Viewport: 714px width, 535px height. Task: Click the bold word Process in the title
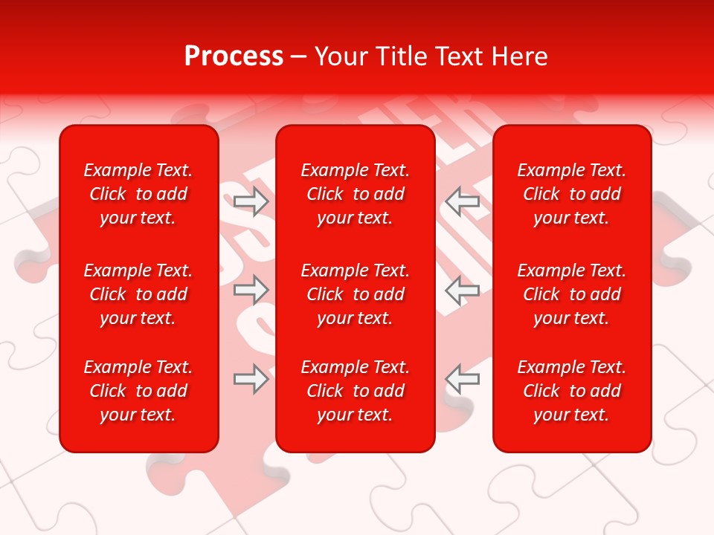(x=234, y=56)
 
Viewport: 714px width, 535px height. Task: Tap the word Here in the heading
(x=518, y=56)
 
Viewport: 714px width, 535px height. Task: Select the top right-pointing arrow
(x=251, y=201)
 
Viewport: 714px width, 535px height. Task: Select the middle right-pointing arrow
(x=251, y=290)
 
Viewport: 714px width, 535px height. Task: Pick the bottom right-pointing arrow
(x=251, y=379)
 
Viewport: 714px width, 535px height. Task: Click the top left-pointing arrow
(x=463, y=201)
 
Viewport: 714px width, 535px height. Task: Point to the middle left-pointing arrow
(x=463, y=290)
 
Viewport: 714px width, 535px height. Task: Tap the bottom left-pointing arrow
(x=463, y=379)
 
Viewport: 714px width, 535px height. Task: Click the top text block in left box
(x=138, y=194)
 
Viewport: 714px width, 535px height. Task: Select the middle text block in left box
(x=138, y=294)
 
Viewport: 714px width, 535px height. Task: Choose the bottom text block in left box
(x=138, y=391)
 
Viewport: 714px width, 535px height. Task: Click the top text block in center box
(x=356, y=194)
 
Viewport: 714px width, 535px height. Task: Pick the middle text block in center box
(x=356, y=294)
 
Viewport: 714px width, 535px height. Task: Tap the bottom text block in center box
(x=356, y=391)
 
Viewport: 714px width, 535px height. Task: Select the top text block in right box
(x=572, y=194)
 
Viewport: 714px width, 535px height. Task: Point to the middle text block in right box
(x=572, y=294)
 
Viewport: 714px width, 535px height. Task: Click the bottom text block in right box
(x=572, y=391)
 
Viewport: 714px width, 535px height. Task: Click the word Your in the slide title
(x=341, y=56)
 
